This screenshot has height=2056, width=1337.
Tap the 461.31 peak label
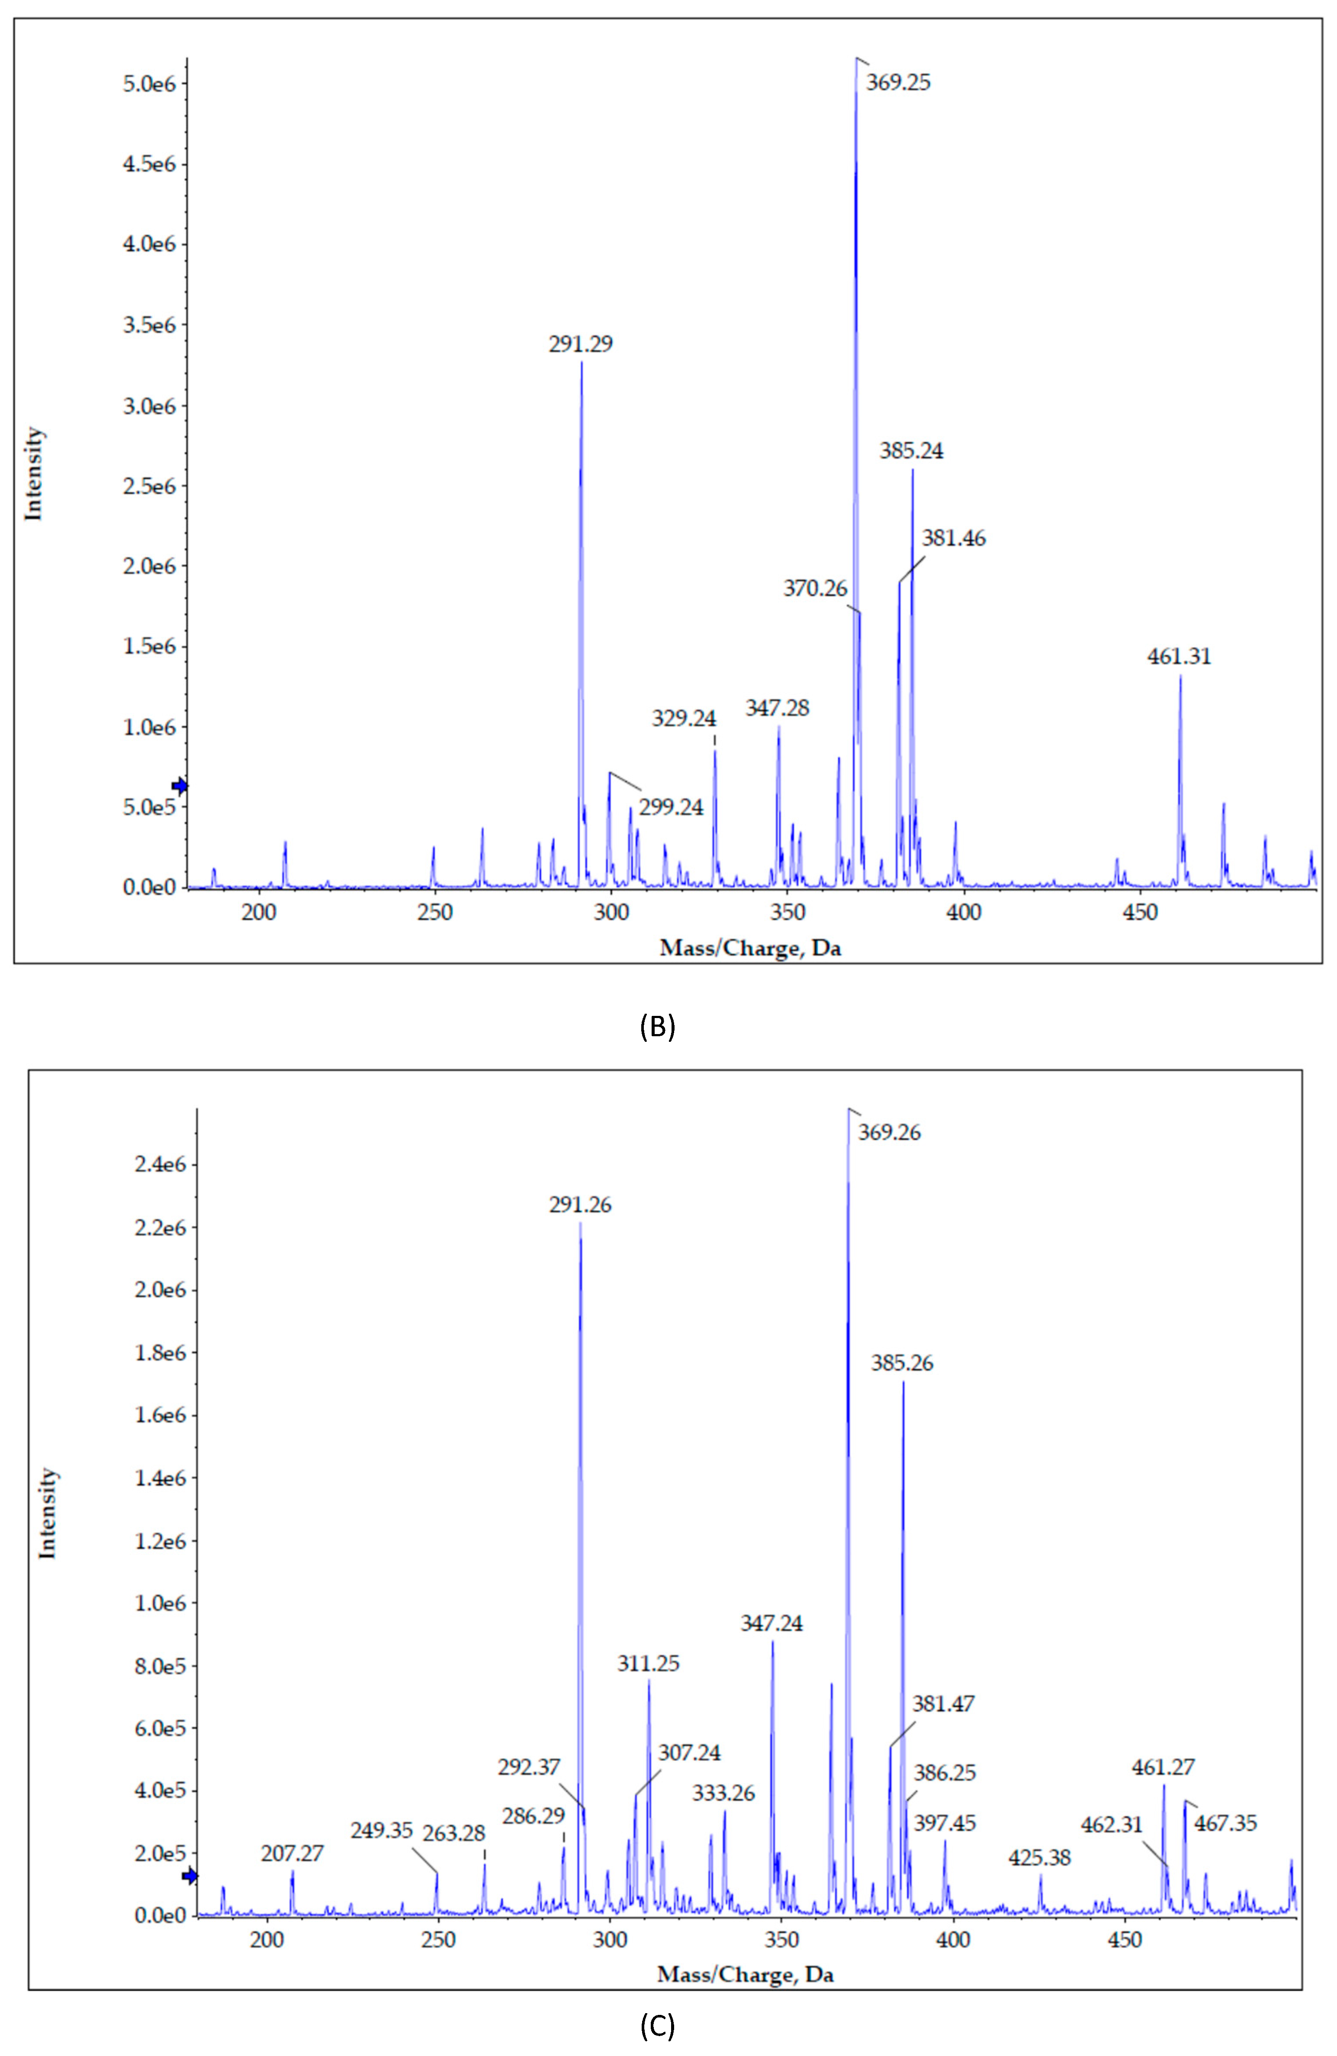(x=1179, y=656)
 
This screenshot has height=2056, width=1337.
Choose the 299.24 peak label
(x=671, y=808)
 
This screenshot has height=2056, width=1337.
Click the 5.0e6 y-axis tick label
(x=149, y=84)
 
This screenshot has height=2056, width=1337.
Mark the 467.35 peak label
(x=1225, y=1824)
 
